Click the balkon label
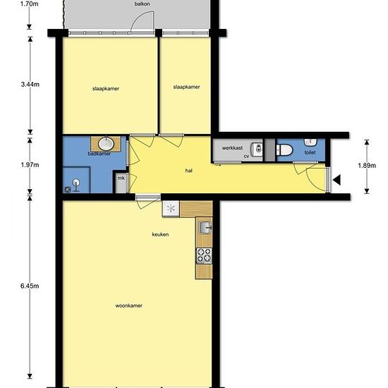pos(142,4)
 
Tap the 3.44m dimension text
pos(30,85)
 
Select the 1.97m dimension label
pos(30,165)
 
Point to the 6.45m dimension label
pos(30,286)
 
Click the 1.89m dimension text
pos(367,166)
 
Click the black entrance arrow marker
pos(337,180)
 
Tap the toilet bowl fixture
pos(284,150)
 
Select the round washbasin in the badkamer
pos(106,144)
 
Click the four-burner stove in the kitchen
pos(204,255)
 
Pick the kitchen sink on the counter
pos(205,228)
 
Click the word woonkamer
pos(128,306)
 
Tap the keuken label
pos(160,234)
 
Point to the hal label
pos(189,171)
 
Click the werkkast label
pos(232,148)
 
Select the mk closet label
pos(121,178)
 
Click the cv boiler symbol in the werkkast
pos(257,150)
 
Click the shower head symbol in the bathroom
pos(76,184)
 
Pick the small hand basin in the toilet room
pos(310,142)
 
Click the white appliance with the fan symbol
pos(171,208)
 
